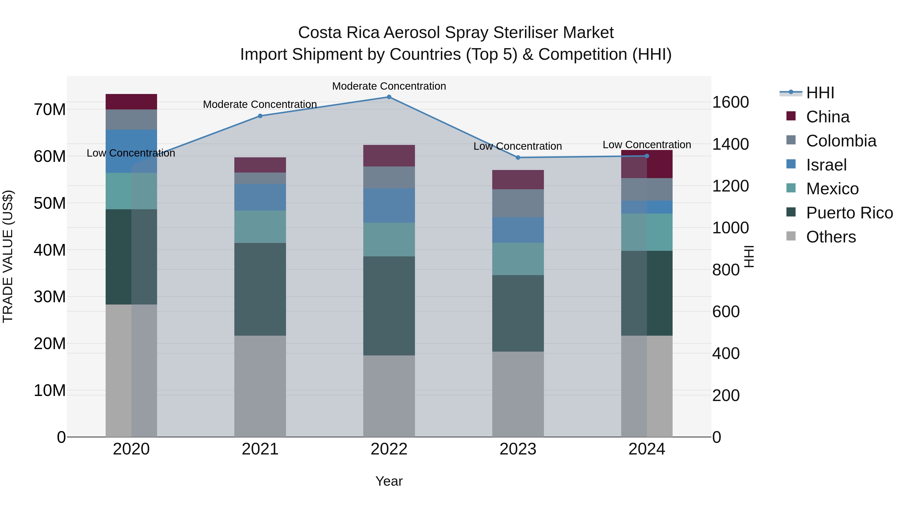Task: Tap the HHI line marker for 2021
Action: [x=260, y=116]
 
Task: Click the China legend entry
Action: [x=827, y=117]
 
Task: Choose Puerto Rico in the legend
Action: [x=849, y=213]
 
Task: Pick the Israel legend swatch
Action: [x=791, y=164]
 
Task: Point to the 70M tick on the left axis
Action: [x=50, y=110]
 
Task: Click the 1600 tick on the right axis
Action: [x=730, y=102]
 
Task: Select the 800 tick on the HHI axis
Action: [x=726, y=270]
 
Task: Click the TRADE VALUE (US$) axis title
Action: [x=8, y=256]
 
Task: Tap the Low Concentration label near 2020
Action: [x=131, y=153]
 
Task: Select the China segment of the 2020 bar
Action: [x=131, y=102]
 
